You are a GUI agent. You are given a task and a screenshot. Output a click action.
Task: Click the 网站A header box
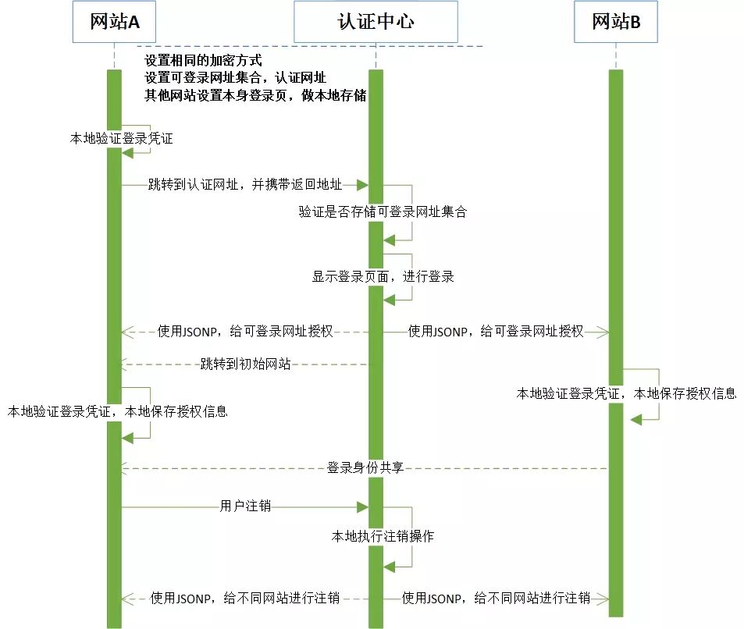point(114,22)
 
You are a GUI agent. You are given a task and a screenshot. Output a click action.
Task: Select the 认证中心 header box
point(375,22)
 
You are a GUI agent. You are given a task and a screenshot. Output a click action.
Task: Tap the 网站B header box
point(616,22)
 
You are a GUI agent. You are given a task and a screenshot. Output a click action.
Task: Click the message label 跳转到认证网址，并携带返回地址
point(245,185)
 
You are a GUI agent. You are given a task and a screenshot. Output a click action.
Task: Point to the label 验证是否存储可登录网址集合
point(382,211)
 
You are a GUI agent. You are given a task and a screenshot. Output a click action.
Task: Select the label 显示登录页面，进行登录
point(383,276)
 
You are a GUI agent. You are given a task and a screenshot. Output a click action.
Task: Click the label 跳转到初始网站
point(245,363)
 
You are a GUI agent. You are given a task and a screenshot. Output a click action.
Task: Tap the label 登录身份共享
point(365,468)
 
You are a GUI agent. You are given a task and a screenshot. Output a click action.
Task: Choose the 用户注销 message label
point(245,506)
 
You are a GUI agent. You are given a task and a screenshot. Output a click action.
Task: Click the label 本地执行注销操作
point(383,536)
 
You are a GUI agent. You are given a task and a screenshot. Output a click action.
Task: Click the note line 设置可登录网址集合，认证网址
point(235,78)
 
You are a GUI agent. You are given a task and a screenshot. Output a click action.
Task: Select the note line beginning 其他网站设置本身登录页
point(255,96)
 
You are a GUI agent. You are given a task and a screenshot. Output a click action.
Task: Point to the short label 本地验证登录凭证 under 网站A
point(121,138)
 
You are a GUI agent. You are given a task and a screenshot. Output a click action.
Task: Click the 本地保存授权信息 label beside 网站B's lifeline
point(685,393)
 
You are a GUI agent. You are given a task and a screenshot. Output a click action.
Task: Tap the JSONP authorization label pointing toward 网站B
point(496,332)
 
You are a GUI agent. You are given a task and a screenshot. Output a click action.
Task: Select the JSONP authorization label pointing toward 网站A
point(245,332)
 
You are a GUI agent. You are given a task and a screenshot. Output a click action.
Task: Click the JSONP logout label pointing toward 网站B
point(496,599)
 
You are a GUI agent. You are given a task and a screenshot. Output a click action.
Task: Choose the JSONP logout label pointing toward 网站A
point(245,599)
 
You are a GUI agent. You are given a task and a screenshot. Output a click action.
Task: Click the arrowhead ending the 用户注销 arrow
point(362,506)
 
